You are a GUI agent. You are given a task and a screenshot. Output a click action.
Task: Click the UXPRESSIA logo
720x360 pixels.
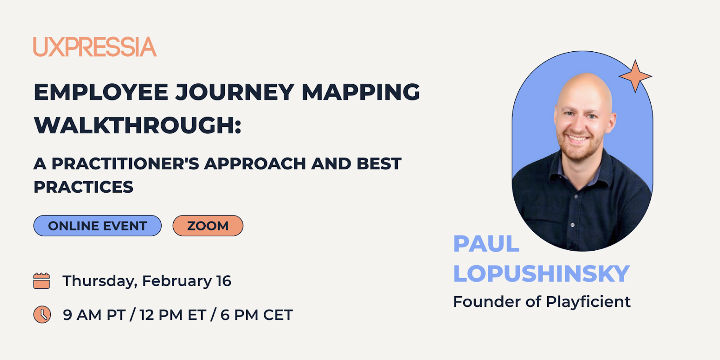tap(95, 47)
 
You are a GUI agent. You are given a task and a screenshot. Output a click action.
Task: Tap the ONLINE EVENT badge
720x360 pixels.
tap(97, 225)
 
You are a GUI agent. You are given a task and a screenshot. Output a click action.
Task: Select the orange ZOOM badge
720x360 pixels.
tap(208, 225)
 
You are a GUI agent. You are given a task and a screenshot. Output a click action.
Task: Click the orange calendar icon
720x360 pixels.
tap(41, 281)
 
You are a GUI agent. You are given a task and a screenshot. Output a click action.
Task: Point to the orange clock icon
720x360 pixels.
tap(42, 315)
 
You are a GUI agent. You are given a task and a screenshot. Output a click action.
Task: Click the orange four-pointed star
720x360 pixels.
tap(635, 76)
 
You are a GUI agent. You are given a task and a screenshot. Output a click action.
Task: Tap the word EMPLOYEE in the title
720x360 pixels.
tap(101, 92)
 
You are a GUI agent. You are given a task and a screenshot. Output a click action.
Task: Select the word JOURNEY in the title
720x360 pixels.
tap(235, 93)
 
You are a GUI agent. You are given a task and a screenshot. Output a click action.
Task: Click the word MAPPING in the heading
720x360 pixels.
tap(361, 92)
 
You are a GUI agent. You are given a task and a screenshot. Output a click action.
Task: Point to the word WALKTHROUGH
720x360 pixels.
tap(135, 126)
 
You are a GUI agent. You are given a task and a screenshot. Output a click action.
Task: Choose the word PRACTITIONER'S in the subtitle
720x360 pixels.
tap(126, 163)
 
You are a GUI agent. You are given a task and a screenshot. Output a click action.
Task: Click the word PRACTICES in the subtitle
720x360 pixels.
tap(83, 187)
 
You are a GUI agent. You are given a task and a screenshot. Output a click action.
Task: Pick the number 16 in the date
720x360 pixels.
tap(224, 281)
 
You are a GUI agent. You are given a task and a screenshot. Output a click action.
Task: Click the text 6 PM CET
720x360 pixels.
tap(257, 315)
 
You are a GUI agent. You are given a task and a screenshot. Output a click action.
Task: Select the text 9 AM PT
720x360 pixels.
tap(94, 315)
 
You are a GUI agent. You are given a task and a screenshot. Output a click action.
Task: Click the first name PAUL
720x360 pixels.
tap(486, 243)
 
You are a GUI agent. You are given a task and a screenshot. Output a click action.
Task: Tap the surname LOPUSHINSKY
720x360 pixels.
tap(541, 274)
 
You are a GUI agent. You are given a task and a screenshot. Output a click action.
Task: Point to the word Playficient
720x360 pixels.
tap(588, 301)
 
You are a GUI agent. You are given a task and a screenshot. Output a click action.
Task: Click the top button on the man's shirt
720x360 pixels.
tap(576, 196)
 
